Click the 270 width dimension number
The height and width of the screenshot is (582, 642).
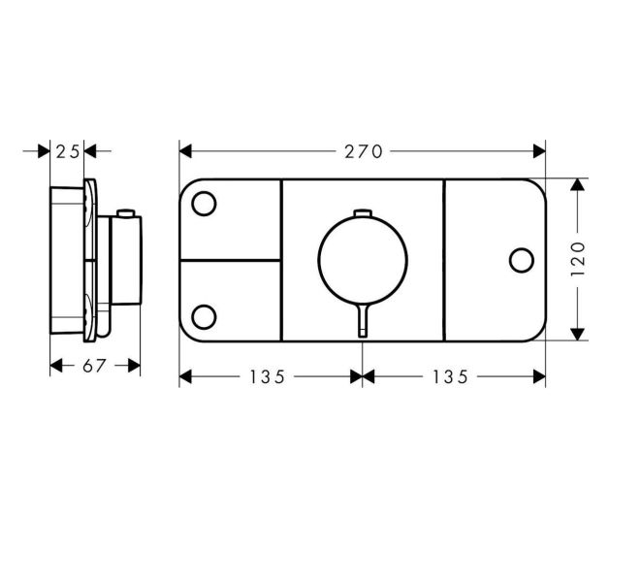(362, 151)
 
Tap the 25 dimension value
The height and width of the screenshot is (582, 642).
(67, 151)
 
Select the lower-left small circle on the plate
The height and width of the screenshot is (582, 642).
(205, 316)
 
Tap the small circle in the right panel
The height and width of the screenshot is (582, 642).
(521, 259)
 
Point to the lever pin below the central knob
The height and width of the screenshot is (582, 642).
(362, 319)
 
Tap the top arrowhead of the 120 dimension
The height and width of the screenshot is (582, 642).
(578, 184)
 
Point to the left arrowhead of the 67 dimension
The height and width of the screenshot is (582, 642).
(54, 366)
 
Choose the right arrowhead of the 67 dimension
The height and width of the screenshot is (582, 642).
(136, 366)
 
